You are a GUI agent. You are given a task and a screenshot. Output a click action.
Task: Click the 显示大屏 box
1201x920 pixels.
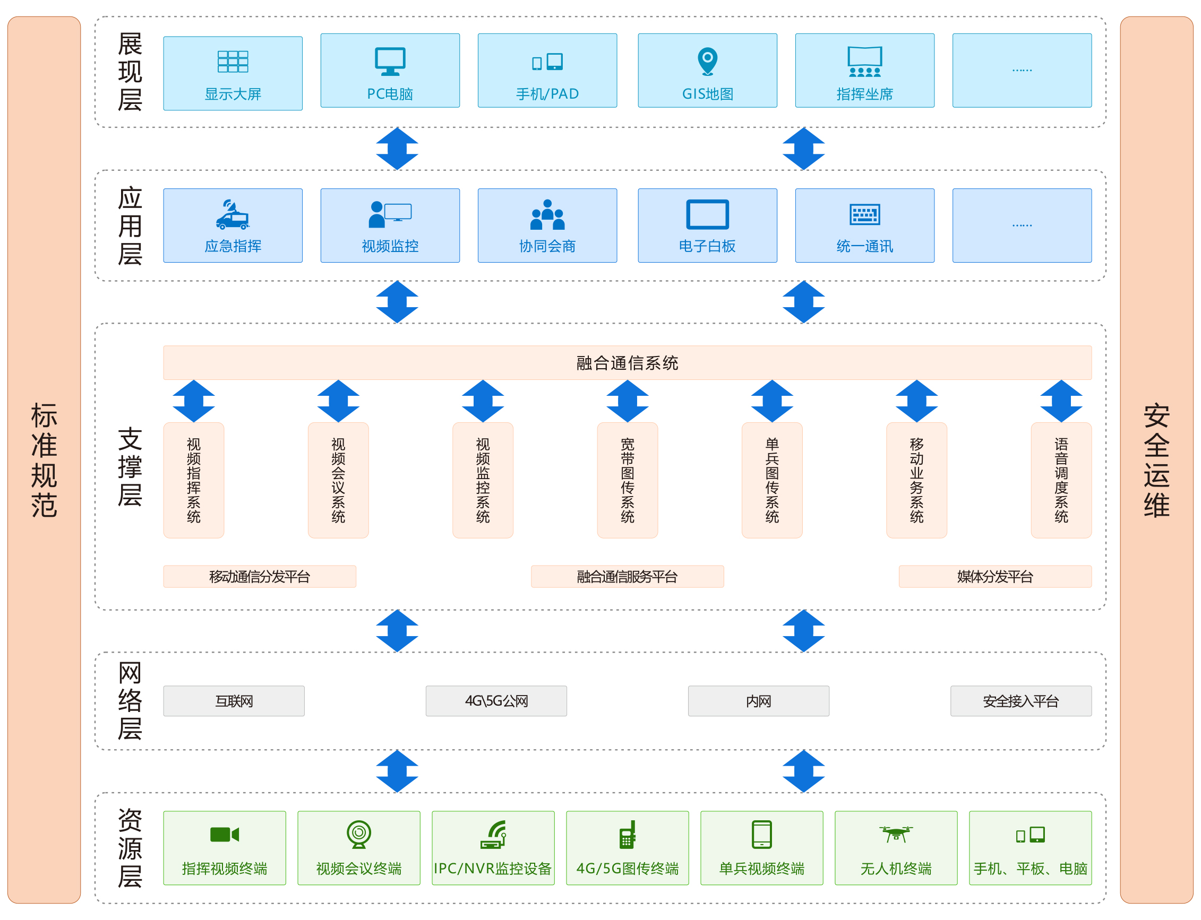233,73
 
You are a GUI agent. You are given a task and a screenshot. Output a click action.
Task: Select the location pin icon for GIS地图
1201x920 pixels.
707,61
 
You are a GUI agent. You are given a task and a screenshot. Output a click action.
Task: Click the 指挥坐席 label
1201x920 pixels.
864,94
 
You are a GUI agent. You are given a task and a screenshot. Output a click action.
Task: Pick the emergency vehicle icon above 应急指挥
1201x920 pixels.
233,215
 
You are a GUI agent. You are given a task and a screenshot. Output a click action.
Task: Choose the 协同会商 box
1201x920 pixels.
547,225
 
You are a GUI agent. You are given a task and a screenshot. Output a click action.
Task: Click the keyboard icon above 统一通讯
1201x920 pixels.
864,215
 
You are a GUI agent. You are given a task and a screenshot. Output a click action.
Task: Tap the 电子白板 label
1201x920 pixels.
707,246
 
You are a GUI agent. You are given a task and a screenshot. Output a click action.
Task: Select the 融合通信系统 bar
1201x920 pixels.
628,362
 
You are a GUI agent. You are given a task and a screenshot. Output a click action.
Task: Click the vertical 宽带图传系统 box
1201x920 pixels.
628,480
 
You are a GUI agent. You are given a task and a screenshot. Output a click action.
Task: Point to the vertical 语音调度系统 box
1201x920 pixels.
1061,480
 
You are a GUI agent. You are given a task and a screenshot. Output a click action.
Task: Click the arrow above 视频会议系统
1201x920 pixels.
338,401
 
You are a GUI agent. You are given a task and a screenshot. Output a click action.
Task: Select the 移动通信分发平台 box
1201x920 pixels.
260,577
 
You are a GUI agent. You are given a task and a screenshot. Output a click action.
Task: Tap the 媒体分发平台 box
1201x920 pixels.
995,577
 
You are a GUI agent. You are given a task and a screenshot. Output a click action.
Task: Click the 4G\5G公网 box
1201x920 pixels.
496,701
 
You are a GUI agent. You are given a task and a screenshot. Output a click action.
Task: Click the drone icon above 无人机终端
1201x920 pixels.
896,834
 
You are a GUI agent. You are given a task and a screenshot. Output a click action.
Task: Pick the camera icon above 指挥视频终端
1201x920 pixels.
225,834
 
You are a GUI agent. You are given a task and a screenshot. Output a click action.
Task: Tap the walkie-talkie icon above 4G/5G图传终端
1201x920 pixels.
628,834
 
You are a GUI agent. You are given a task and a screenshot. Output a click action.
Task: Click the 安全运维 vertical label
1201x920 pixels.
1156,460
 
